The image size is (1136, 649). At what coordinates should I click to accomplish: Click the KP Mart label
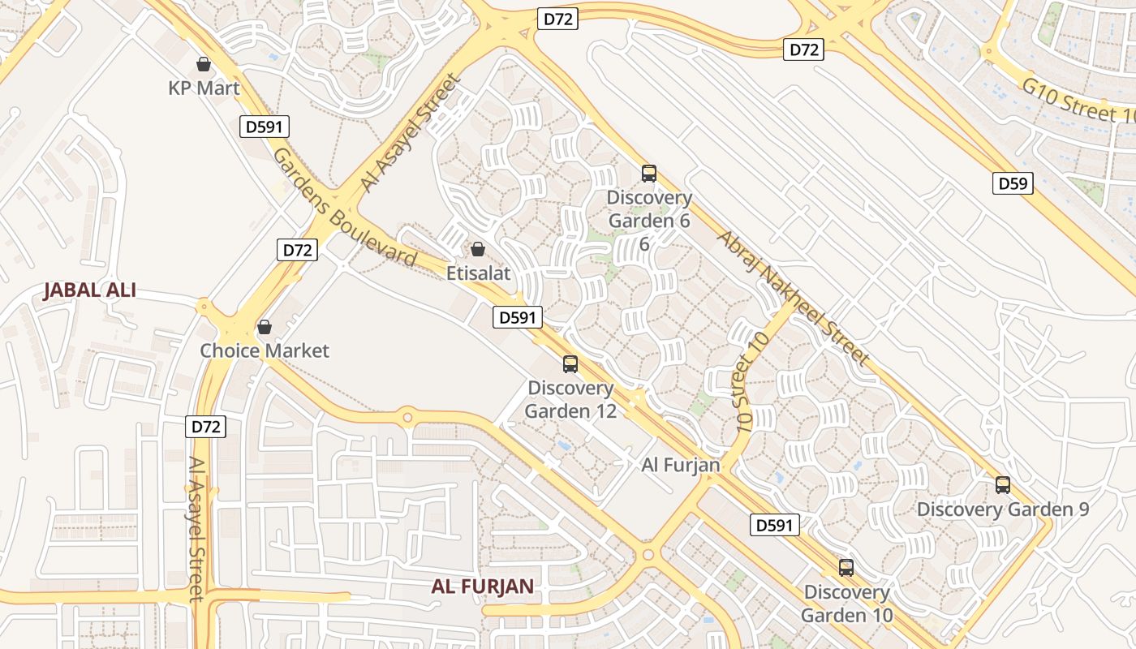click(x=204, y=88)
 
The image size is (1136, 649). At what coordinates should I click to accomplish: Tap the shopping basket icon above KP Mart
click(x=204, y=63)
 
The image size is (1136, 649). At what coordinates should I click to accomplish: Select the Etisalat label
click(x=479, y=273)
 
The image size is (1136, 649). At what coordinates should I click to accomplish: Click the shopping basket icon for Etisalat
click(x=478, y=248)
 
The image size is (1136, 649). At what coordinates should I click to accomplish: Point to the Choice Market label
click(x=265, y=350)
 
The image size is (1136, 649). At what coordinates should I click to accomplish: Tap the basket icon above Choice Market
click(x=264, y=327)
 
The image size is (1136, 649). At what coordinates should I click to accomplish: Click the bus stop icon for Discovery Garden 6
click(x=648, y=173)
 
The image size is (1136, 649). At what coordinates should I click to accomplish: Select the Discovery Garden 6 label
click(x=649, y=209)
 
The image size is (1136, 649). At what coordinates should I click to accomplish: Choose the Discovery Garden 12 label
click(x=570, y=399)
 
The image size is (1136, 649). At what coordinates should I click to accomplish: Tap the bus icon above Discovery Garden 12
click(x=570, y=364)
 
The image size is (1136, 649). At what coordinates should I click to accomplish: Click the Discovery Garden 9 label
click(x=1003, y=509)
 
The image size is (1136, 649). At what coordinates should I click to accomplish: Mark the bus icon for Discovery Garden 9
click(x=1003, y=485)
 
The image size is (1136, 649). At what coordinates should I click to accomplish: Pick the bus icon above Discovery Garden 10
click(x=846, y=568)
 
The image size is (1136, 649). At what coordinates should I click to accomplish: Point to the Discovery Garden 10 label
click(x=846, y=604)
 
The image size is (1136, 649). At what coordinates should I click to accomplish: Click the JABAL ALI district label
click(x=89, y=290)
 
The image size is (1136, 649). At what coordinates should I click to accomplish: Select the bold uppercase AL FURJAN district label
click(x=482, y=586)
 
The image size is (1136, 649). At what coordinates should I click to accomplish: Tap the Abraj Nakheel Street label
click(x=794, y=298)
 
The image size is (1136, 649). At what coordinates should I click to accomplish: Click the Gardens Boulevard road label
click(x=345, y=208)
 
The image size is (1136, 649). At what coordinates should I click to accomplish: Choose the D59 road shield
click(x=1013, y=183)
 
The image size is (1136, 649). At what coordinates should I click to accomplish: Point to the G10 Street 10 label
click(x=1079, y=101)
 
